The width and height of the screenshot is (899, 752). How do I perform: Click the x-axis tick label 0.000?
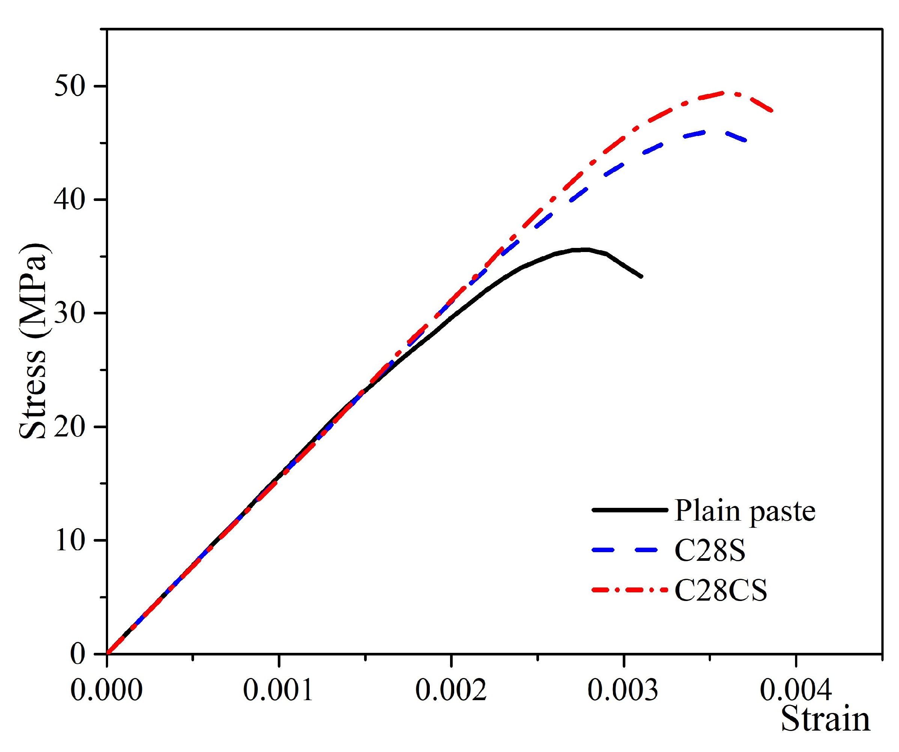click(107, 691)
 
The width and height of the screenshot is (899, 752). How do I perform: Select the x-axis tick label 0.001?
click(279, 691)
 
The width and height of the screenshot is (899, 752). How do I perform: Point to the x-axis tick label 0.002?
click(451, 691)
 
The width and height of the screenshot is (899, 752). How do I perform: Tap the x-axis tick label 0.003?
click(623, 691)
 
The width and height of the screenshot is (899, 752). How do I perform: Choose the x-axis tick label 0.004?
click(796, 691)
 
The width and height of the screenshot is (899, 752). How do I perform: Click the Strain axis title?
click(825, 720)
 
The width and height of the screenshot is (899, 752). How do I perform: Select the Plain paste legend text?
click(744, 511)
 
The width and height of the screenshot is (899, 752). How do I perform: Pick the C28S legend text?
click(709, 551)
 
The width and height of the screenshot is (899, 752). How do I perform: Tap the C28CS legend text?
click(720, 591)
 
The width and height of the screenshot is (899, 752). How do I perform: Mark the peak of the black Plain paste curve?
click(585, 249)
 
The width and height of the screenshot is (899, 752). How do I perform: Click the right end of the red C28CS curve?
click(772, 111)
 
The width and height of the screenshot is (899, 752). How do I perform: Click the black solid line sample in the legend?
click(629, 510)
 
